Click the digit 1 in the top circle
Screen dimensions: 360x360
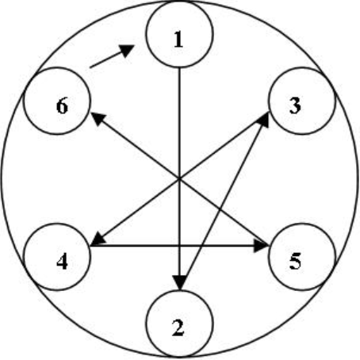[x=178, y=39]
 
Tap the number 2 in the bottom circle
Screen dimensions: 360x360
[x=178, y=327]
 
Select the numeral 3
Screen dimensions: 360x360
[x=295, y=105]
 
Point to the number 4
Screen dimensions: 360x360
[x=62, y=262]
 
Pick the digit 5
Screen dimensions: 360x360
[x=295, y=261]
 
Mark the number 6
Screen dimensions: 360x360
[x=62, y=105]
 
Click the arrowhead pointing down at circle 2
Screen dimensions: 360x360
[x=179, y=283]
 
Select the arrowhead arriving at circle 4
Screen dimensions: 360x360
[x=98, y=239]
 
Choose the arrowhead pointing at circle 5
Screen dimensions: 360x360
[x=261, y=246]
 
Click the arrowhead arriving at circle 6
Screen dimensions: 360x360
[x=98, y=119]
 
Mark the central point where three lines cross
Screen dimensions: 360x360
[x=179, y=179]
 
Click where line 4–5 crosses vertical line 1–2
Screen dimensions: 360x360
[x=179, y=246]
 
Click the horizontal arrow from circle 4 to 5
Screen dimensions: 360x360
[x=179, y=246]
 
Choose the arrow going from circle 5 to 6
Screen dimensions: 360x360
[x=179, y=179]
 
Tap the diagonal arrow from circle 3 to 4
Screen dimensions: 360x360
[x=180, y=179]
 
